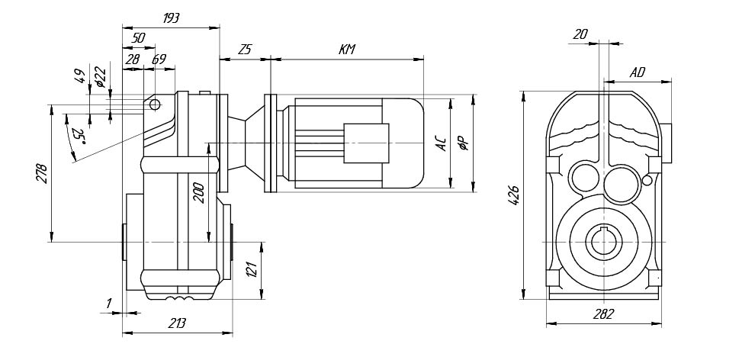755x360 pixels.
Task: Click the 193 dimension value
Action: [171, 18]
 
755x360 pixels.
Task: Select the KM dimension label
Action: [347, 49]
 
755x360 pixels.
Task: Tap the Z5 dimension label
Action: [245, 49]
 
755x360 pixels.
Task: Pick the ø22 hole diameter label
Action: [100, 77]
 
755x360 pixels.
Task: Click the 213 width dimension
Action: [177, 323]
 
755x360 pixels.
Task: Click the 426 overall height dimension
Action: [515, 195]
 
